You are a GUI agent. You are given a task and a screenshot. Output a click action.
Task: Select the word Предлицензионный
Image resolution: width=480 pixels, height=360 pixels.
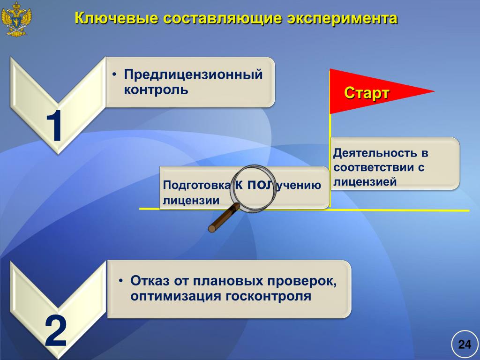[x=193, y=75]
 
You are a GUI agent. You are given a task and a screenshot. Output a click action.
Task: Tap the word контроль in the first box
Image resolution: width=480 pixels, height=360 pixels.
[x=156, y=89]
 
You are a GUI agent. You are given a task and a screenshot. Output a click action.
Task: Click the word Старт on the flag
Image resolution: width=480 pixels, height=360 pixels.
[x=367, y=93]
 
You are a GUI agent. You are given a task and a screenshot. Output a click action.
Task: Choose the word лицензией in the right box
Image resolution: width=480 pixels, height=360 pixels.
[x=365, y=181]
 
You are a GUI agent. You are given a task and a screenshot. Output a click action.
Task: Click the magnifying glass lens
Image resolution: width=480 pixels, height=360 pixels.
[x=255, y=188]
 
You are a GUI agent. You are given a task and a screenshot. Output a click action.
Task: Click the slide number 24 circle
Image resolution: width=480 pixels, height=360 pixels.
[x=465, y=345]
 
